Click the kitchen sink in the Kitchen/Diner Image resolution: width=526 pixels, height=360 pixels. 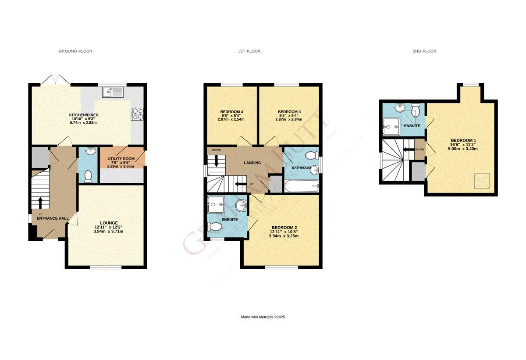114,92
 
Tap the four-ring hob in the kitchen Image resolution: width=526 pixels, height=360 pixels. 137,114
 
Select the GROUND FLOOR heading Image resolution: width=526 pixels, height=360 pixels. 75,51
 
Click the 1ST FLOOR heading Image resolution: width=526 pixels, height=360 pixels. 249,51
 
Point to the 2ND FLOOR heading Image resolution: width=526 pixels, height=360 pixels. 424,51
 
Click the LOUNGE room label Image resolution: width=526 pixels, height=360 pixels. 108,223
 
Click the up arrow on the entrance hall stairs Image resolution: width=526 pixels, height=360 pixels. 40,202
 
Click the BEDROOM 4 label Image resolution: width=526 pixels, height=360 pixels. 231,111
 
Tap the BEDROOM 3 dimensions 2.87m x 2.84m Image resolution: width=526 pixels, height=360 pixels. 288,119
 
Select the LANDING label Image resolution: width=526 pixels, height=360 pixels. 252,163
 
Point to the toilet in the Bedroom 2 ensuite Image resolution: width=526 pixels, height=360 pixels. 215,226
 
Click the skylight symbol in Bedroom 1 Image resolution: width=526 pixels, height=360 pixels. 482,180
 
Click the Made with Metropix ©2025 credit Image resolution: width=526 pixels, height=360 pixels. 263,317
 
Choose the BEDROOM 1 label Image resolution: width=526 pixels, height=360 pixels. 463,140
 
